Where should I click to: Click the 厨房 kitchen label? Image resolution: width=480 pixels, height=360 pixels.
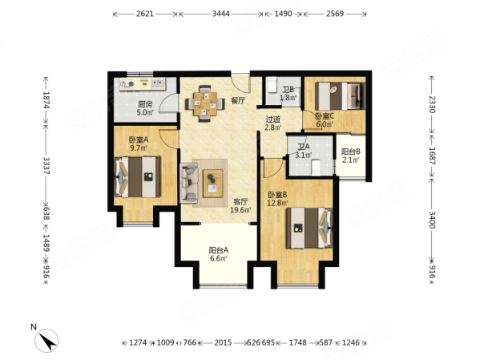tap(145, 104)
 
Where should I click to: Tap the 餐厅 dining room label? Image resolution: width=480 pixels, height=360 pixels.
tap(237, 101)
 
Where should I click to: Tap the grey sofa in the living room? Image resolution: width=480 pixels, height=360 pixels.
tap(190, 183)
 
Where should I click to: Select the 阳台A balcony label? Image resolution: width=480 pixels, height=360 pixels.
tap(219, 249)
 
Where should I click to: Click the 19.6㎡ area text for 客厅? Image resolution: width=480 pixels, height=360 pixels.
tap(241, 211)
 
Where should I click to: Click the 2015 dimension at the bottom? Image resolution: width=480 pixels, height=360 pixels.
tap(223, 343)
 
